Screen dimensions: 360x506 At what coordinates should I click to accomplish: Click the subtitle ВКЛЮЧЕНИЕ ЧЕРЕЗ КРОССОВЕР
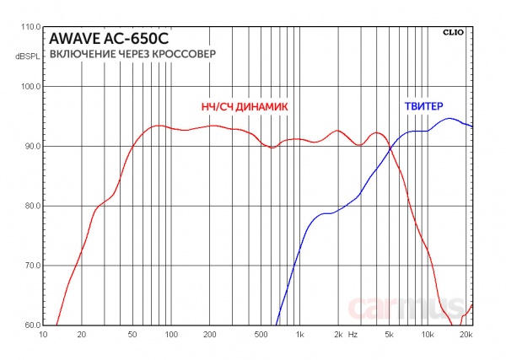(132, 54)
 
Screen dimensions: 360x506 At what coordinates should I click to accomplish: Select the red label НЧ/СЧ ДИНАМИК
(244, 108)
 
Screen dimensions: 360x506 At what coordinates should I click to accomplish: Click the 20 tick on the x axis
(82, 335)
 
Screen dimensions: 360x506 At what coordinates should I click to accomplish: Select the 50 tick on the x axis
(132, 335)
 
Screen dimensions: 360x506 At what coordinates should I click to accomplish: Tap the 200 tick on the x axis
(210, 335)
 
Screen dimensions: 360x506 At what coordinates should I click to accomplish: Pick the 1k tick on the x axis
(299, 335)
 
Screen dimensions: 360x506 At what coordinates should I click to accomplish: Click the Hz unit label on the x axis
(353, 335)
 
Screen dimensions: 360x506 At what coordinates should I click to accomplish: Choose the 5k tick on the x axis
(390, 335)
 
